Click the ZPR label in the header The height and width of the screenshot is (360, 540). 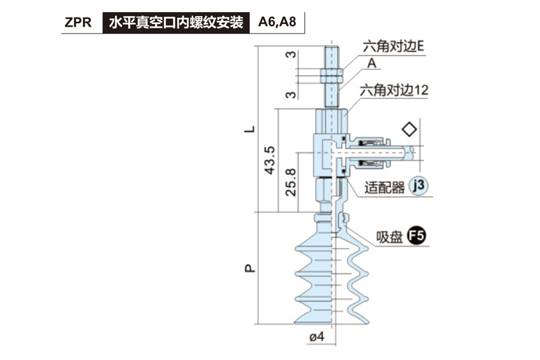(78, 22)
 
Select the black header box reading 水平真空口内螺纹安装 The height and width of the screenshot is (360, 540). (176, 22)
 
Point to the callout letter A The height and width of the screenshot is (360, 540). (372, 63)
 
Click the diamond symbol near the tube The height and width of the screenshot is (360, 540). (409, 130)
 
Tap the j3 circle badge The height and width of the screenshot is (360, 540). (418, 186)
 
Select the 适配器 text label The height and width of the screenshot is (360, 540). (385, 188)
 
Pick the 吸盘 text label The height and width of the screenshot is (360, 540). (390, 237)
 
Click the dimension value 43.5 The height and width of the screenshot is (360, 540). (270, 160)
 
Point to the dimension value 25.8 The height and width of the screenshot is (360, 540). (291, 182)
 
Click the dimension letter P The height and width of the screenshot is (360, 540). (250, 268)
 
